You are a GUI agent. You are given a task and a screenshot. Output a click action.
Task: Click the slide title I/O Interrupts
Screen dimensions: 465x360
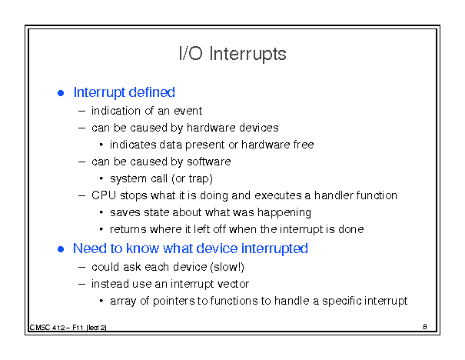coord(233,54)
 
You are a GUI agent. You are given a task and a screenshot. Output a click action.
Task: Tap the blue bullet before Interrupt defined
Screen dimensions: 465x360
coord(61,93)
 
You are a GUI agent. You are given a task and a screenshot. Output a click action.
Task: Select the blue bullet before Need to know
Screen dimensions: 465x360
coord(61,249)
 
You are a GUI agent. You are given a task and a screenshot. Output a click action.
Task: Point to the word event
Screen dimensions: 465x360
coord(188,111)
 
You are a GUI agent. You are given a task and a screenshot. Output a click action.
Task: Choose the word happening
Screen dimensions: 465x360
coord(284,213)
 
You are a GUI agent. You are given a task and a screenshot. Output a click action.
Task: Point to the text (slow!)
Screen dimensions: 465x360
coord(227,267)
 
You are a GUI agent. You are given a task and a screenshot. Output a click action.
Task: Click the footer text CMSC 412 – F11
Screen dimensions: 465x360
coord(56,328)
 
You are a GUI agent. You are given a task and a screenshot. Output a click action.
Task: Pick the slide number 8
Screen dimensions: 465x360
coord(425,327)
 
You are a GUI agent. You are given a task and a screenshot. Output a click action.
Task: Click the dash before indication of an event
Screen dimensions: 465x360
coord(81,112)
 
